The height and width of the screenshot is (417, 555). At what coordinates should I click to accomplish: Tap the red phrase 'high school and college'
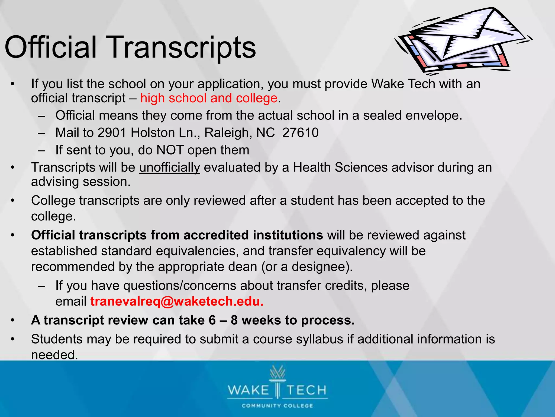click(x=209, y=98)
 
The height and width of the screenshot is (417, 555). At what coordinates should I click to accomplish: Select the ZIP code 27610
click(x=300, y=133)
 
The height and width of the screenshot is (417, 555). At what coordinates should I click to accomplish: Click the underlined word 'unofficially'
click(x=169, y=168)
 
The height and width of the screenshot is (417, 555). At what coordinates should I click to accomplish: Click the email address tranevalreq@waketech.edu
click(x=177, y=301)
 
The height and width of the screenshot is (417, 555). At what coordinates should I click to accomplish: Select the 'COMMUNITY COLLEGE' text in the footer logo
click(x=277, y=406)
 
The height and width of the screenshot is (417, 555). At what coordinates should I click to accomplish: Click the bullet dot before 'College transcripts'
click(x=12, y=201)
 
